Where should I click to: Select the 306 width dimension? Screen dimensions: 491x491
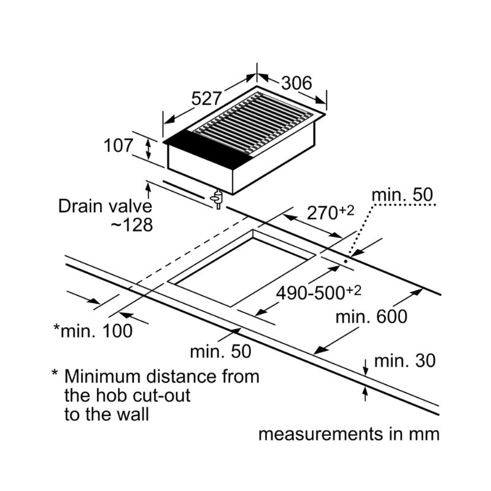coord(296,83)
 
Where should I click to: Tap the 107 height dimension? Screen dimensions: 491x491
coord(118,146)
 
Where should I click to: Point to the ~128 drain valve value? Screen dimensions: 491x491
coord(130,225)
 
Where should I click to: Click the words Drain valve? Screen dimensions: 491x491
coord(105,206)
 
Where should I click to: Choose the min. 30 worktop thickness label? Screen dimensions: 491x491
coord(404,360)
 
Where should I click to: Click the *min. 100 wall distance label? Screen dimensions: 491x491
coord(93,331)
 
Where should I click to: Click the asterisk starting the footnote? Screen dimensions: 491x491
coord(55,374)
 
